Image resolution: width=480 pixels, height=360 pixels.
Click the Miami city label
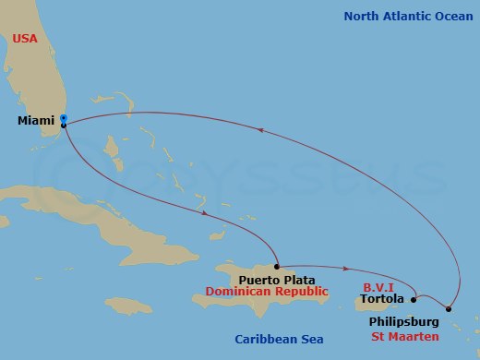tap(36, 121)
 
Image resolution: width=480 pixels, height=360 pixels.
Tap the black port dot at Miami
tap(63, 125)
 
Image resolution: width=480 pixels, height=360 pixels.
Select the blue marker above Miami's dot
tap(63, 117)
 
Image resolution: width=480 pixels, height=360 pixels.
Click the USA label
tap(27, 39)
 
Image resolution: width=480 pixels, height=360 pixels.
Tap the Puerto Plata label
tap(276, 280)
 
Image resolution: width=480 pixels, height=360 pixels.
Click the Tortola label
tap(381, 299)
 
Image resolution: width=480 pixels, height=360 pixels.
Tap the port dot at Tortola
tap(414, 299)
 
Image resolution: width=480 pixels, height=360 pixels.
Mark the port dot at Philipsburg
tap(449, 309)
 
